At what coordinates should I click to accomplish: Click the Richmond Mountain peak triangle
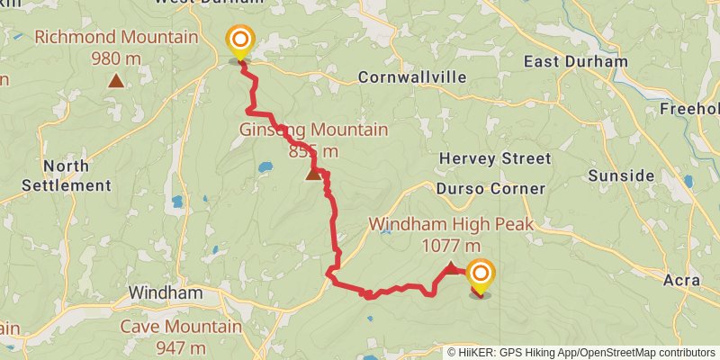click(115, 82)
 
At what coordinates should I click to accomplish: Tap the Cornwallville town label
click(412, 77)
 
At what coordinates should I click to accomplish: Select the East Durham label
click(576, 62)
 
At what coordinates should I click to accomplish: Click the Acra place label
click(681, 281)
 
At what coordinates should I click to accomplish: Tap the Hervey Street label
click(494, 159)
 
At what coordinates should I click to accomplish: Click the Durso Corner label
click(490, 189)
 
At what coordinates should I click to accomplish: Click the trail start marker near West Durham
click(240, 41)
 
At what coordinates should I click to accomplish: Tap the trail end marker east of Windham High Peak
click(481, 275)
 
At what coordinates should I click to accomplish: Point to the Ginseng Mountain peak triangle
click(313, 173)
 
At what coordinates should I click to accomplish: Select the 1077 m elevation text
click(451, 245)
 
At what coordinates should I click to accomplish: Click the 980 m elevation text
click(115, 58)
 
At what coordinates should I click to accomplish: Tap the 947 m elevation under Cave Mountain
click(180, 347)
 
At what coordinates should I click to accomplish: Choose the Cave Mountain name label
click(181, 327)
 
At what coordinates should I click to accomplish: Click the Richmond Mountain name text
click(115, 38)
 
